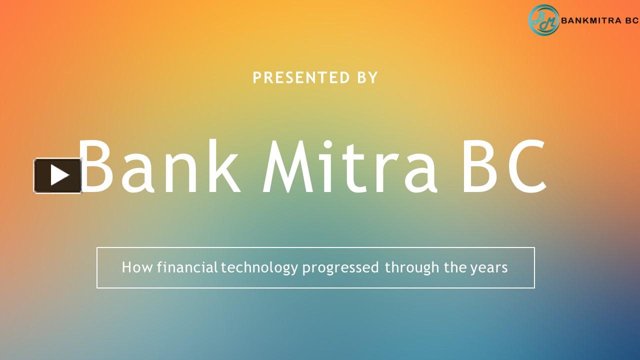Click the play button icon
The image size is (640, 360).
pos(58,175)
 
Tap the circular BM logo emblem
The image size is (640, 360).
pos(543,20)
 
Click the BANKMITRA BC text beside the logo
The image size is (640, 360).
pos(600,21)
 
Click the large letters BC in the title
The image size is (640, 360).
pos(504,167)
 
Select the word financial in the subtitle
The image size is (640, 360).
pos(187,267)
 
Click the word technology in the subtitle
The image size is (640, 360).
pos(259,268)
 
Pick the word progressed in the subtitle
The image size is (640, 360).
pos(340,268)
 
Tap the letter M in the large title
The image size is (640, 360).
pos(290,167)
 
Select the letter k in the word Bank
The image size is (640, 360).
pos(223,167)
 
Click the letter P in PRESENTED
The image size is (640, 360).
pos(257,78)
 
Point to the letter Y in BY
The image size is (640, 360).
pos(373,78)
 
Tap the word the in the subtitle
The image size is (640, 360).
pos(455,267)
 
